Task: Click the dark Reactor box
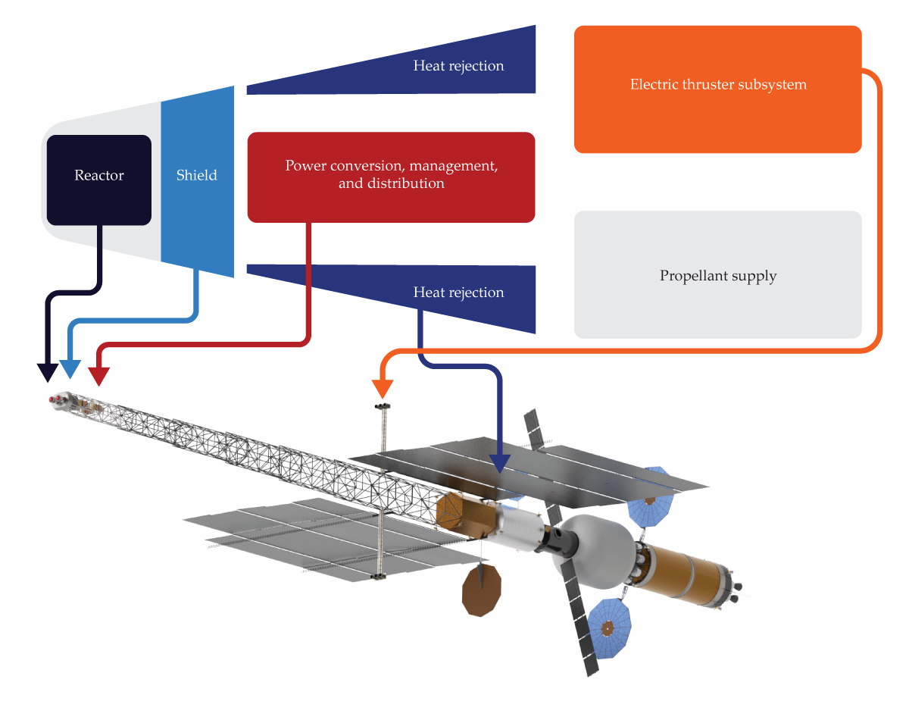tap(98, 180)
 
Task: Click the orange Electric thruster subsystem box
tap(717, 89)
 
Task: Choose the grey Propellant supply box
tap(717, 274)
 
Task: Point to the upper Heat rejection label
tap(458, 66)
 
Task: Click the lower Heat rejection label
tap(458, 293)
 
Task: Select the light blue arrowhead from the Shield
tap(70, 369)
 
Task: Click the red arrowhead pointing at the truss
tap(99, 375)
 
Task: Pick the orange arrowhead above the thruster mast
tap(383, 388)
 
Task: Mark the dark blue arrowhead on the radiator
tap(499, 464)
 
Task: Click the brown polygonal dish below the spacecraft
tap(482, 589)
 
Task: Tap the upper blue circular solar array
tap(651, 499)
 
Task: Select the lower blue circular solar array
tap(608, 628)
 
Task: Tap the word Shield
tap(196, 175)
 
